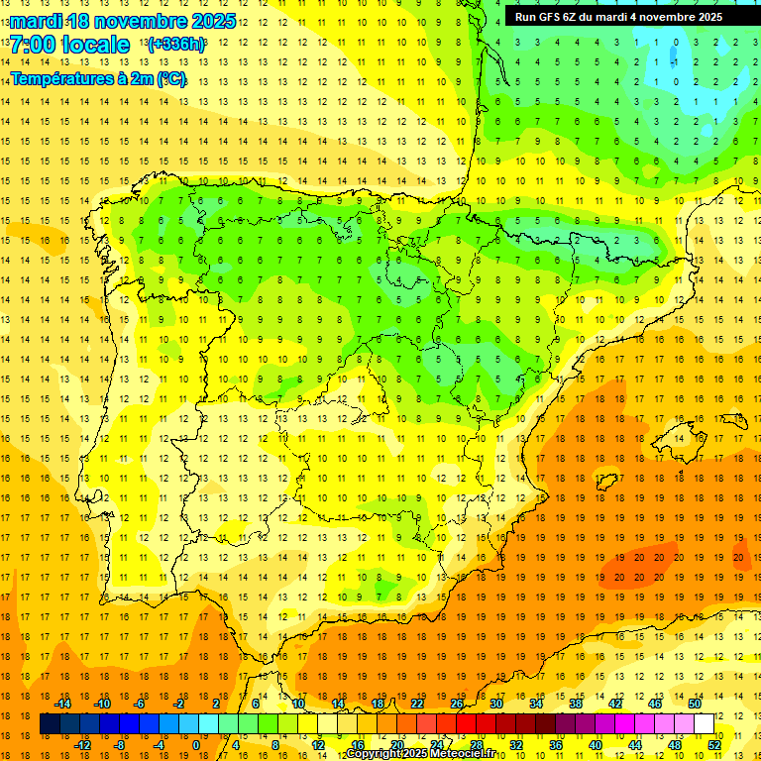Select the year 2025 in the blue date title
coord(212,21)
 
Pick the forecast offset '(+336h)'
coord(176,45)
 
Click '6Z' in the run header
coord(574,17)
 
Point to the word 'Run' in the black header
coord(525,17)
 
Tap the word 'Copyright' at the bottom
coord(375,754)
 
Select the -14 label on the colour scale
coord(63,704)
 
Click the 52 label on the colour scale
coord(714,745)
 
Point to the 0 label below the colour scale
coord(195,745)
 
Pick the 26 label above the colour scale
coord(457,704)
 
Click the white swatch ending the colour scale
coord(705,724)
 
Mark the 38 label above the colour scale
coord(576,704)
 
